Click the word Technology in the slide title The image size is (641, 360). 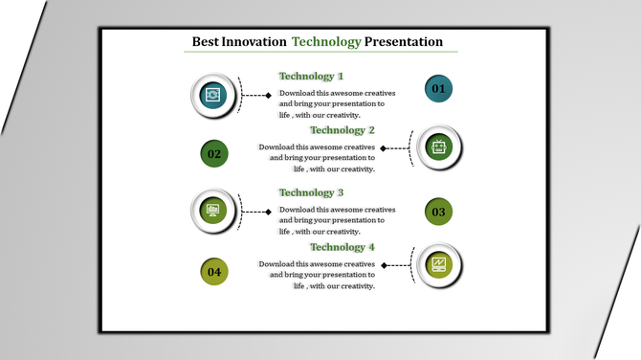[x=326, y=42]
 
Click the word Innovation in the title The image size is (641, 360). [x=254, y=42]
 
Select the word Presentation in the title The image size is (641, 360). [x=404, y=42]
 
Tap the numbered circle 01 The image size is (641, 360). [x=438, y=89]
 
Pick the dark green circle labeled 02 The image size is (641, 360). [x=214, y=153]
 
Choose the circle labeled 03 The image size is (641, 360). [x=438, y=212]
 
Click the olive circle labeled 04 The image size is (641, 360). [x=214, y=272]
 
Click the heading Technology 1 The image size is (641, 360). [x=311, y=77]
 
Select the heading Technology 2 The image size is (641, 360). [x=342, y=130]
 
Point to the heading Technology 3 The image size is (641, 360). [x=311, y=193]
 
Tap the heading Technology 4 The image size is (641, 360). [x=342, y=248]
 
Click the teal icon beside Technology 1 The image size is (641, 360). [x=212, y=95]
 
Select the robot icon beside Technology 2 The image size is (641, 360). [x=439, y=147]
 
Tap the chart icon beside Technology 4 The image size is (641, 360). [x=439, y=265]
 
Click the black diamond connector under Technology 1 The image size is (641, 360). [x=269, y=95]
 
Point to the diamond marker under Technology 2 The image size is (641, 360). [x=383, y=148]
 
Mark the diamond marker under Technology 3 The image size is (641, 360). [x=269, y=212]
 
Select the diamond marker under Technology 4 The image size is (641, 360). [x=383, y=265]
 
